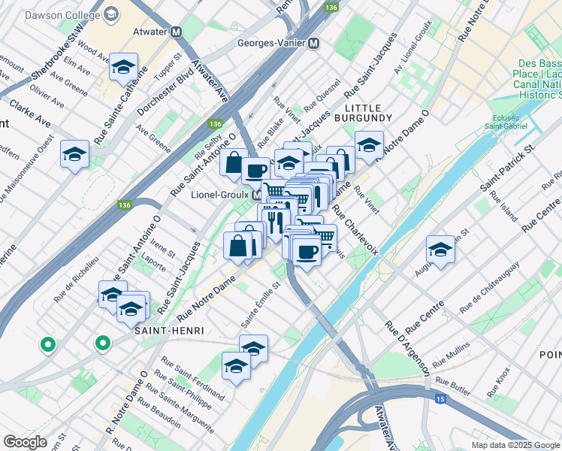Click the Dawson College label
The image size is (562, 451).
pyautogui.click(x=63, y=15)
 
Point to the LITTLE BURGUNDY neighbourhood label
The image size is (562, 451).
pyautogui.click(x=368, y=113)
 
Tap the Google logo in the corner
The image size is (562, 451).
pyautogui.click(x=25, y=441)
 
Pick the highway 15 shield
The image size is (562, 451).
pyautogui.click(x=443, y=399)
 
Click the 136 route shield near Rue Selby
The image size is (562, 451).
pyautogui.click(x=216, y=123)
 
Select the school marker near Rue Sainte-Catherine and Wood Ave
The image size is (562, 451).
pyautogui.click(x=123, y=68)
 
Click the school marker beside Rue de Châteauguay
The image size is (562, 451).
pyautogui.click(x=440, y=251)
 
